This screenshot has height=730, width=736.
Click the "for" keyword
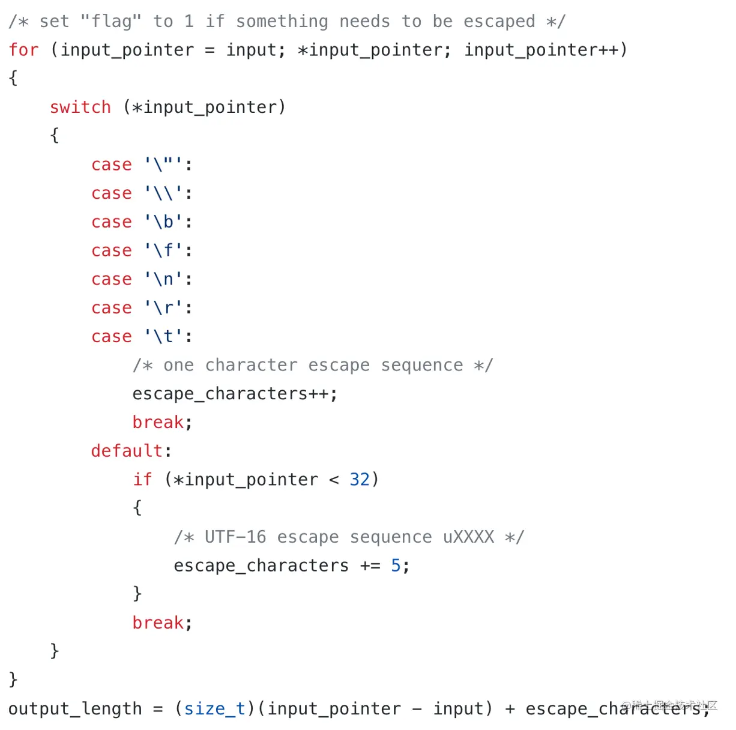click(23, 50)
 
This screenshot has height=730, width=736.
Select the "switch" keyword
click(80, 107)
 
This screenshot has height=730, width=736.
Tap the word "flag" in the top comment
click(111, 22)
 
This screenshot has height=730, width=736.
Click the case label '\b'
click(163, 222)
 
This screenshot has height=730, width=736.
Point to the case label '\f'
click(163, 250)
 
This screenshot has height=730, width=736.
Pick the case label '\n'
click(163, 279)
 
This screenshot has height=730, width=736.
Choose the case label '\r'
click(163, 308)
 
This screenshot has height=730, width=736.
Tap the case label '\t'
click(163, 337)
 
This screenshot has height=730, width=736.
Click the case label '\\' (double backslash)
click(163, 193)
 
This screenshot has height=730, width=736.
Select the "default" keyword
click(127, 451)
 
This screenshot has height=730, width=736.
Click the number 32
click(360, 480)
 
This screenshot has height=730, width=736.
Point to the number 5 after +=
click(396, 566)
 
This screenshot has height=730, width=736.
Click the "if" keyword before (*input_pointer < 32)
click(142, 480)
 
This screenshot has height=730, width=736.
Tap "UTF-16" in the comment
click(235, 537)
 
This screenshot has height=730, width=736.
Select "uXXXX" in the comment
click(468, 537)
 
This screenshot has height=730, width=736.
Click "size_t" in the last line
click(214, 709)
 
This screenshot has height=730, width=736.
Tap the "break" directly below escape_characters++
click(158, 423)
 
